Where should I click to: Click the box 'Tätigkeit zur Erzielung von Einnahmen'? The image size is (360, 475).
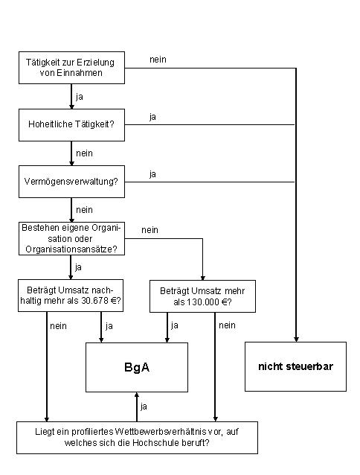tap(71, 68)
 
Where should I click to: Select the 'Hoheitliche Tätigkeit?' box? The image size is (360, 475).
tap(71, 125)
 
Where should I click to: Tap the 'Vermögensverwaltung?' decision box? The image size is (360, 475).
tap(71, 182)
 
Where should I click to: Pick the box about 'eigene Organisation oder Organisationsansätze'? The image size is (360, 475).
tap(71, 238)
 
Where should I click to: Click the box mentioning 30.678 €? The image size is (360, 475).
tap(71, 296)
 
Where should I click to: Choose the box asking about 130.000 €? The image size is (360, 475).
tap(203, 296)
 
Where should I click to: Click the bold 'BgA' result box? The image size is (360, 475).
tap(137, 368)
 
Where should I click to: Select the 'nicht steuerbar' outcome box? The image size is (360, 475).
tap(295, 366)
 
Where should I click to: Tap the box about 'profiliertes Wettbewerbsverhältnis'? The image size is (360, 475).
tap(137, 438)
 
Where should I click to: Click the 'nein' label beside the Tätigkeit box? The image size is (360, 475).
tap(158, 60)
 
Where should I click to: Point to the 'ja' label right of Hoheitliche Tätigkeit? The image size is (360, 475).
tap(152, 117)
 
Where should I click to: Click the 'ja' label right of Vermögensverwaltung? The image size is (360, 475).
tap(152, 174)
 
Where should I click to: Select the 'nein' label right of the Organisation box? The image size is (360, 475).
tap(150, 230)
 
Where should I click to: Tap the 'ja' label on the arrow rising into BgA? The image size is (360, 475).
tap(144, 407)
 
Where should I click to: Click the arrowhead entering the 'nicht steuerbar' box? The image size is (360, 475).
tap(296, 339)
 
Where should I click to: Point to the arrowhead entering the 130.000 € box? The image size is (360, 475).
tap(203, 278)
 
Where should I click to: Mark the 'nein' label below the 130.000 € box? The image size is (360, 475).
tap(227, 325)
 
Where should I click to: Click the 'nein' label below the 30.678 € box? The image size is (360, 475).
tap(58, 326)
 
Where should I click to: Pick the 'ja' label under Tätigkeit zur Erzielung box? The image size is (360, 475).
tap(80, 97)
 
